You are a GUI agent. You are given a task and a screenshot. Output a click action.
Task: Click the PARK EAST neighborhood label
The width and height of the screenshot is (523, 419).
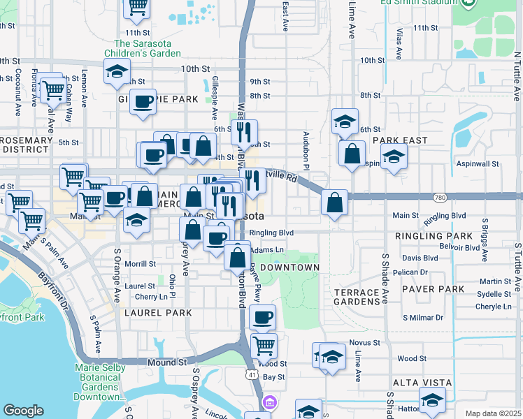pyautogui.click(x=400, y=140)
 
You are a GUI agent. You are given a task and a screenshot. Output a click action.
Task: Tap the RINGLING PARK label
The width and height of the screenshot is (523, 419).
pyautogui.click(x=424, y=237)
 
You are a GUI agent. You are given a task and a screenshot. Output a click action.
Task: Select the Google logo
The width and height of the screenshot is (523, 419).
pyautogui.click(x=23, y=411)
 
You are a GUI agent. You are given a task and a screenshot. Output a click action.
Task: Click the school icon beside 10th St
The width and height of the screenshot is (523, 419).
pyautogui.click(x=117, y=71)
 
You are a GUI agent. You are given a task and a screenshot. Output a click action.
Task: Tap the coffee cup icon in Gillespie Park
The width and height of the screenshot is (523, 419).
pyautogui.click(x=143, y=101)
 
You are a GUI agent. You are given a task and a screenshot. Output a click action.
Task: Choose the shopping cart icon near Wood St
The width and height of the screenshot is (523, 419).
pyautogui.click(x=264, y=344)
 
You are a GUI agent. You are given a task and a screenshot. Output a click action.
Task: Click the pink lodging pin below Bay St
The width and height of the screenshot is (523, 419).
pyautogui.click(x=270, y=403)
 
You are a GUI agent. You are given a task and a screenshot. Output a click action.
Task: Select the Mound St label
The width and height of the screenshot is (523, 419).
pyautogui.click(x=167, y=362)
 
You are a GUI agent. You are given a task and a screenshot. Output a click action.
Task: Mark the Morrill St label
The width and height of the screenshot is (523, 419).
pyautogui.click(x=140, y=264)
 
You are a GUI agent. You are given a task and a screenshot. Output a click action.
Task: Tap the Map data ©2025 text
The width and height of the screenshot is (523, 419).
pyautogui.click(x=492, y=413)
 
